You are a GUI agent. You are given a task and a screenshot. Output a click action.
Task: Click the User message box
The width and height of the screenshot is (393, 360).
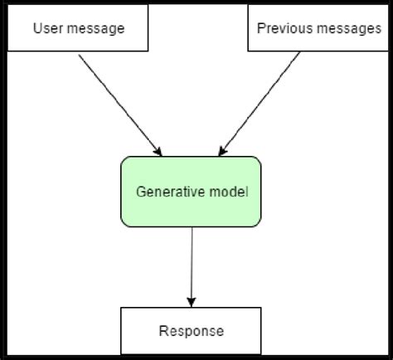point(78,28)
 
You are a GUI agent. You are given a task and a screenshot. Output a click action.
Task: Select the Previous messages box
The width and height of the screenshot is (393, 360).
point(318,28)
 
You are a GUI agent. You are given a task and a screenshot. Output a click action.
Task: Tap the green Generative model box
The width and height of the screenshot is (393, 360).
point(192,191)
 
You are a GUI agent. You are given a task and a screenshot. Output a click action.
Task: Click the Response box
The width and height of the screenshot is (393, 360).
point(192,331)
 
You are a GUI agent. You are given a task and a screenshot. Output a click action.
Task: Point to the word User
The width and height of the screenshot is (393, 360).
point(48,28)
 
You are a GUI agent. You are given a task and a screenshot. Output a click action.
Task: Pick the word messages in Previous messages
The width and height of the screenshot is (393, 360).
point(347,28)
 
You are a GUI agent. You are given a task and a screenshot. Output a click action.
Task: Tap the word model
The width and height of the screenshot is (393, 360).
point(230,192)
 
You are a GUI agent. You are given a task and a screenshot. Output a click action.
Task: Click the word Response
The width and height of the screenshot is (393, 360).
point(192,332)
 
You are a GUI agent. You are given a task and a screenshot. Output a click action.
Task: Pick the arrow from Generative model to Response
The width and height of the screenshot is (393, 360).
point(192,261)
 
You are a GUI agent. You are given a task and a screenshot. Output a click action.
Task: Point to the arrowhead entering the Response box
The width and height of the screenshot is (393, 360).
point(192,301)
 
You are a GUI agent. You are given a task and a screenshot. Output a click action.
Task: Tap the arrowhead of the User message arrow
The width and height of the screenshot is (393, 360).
point(158,150)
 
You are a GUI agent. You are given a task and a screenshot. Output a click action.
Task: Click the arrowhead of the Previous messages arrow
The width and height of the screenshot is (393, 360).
point(221,150)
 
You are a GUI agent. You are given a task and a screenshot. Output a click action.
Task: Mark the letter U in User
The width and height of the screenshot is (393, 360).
point(37,28)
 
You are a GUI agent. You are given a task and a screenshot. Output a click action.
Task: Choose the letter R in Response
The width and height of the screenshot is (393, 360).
point(163,332)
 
